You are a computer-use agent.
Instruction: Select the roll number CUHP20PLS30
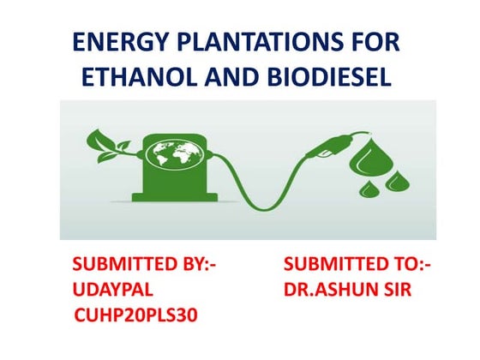(136, 317)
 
